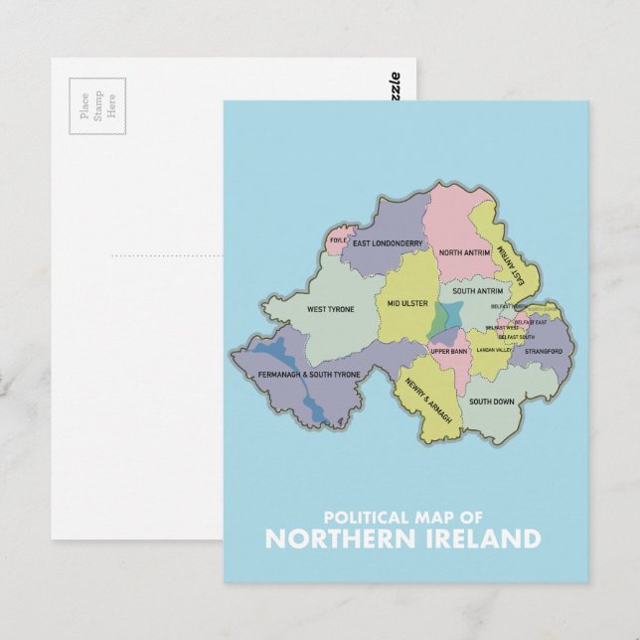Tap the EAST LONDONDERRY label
click(x=388, y=243)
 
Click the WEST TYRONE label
click(x=330, y=309)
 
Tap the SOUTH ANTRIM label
click(x=477, y=291)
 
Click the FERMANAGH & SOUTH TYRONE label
click(x=308, y=375)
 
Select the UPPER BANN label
click(x=449, y=351)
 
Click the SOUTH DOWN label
click(x=491, y=401)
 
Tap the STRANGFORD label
click(x=544, y=351)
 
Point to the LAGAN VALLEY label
click(x=493, y=350)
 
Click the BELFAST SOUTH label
click(x=517, y=338)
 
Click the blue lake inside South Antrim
click(x=444, y=318)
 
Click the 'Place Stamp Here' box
click(x=97, y=104)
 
